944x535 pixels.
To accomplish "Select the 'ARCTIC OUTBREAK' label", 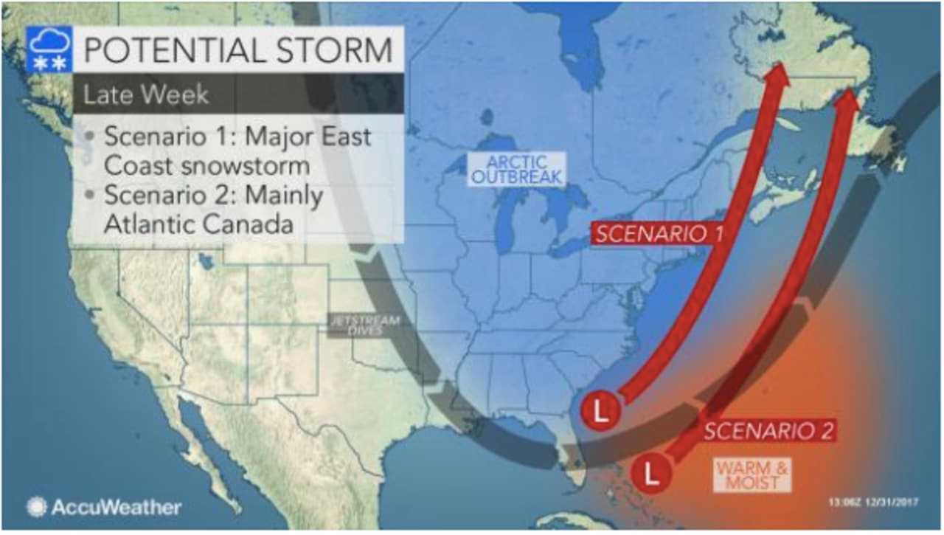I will tap(517, 169).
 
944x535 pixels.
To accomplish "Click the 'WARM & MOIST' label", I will tap(752, 475).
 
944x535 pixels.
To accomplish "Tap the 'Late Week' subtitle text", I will tap(145, 94).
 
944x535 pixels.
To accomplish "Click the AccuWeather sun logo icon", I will tap(36, 507).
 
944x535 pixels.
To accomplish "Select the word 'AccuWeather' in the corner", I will tap(116, 507).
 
